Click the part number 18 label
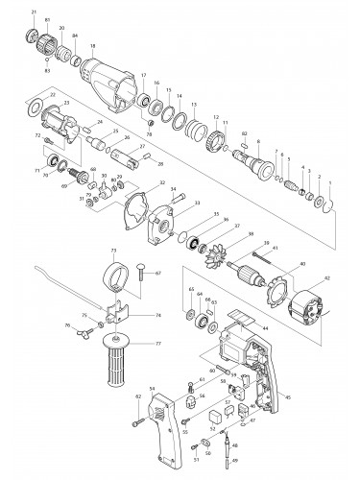(x=92, y=46)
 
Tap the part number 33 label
(x=197, y=204)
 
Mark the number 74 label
(x=158, y=314)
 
